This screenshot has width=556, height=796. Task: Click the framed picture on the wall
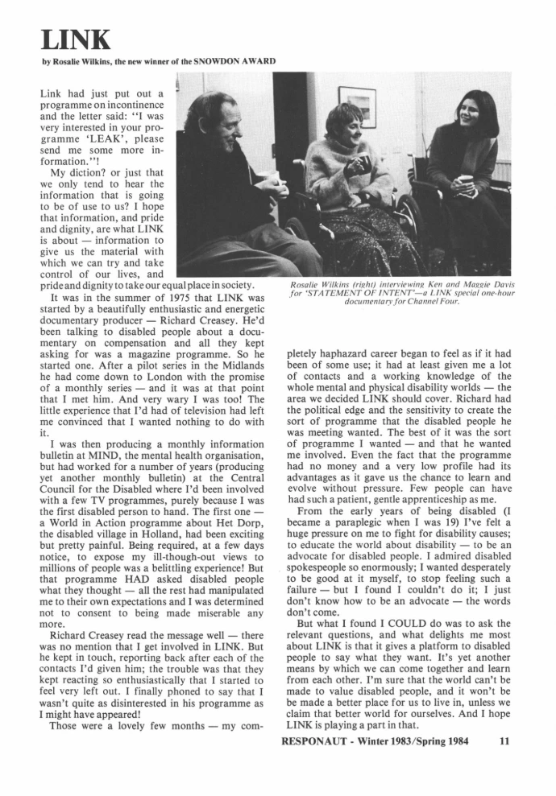click(x=358, y=105)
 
